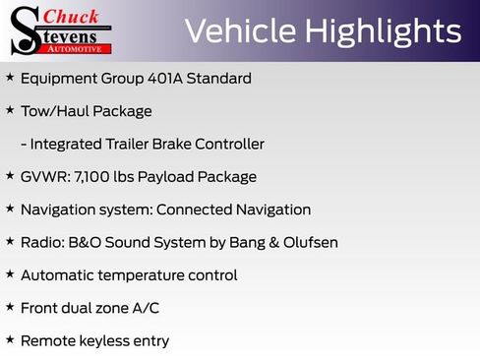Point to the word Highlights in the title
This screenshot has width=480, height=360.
point(383,31)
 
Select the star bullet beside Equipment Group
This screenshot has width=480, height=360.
point(10,78)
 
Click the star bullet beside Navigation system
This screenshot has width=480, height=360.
point(10,209)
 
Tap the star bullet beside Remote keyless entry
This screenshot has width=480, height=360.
point(10,340)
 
